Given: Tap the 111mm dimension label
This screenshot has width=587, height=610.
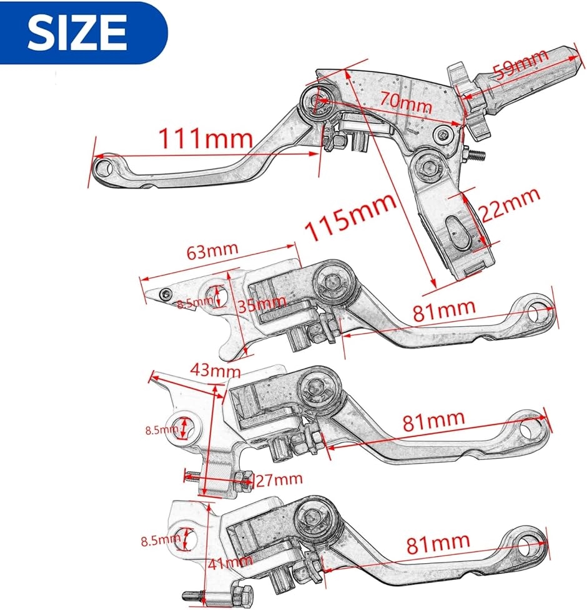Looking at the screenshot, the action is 205,138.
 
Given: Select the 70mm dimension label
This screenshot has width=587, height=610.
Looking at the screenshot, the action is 405,102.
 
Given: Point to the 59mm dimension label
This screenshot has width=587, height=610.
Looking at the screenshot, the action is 520,64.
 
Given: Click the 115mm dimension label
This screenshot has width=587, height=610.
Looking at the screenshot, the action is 350,216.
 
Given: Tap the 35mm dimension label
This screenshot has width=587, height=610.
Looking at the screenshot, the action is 261,304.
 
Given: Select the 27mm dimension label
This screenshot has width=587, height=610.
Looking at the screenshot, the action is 279,479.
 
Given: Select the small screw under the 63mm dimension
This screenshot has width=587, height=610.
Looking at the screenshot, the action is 166,294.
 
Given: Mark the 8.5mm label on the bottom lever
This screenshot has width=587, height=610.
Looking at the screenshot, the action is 160,541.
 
